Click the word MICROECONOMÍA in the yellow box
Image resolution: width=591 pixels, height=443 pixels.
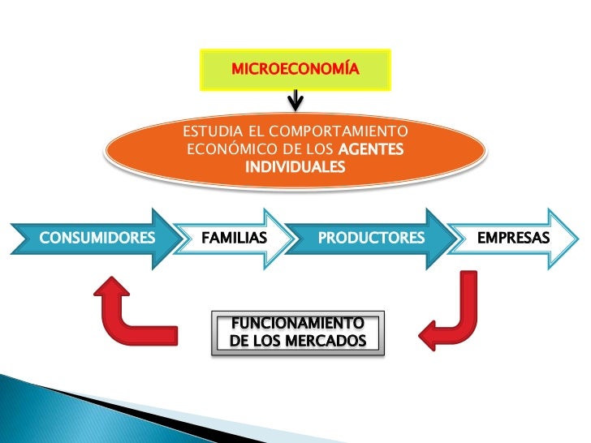pos(295,70)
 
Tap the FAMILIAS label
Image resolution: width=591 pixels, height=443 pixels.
pos(233,239)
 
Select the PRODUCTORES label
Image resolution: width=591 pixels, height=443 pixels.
pos(371,239)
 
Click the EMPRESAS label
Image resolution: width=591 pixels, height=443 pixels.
pos(513,239)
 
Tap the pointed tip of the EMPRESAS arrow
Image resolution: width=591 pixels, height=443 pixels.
pos(578,239)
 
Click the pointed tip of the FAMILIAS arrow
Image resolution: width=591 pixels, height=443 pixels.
pos(291,239)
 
